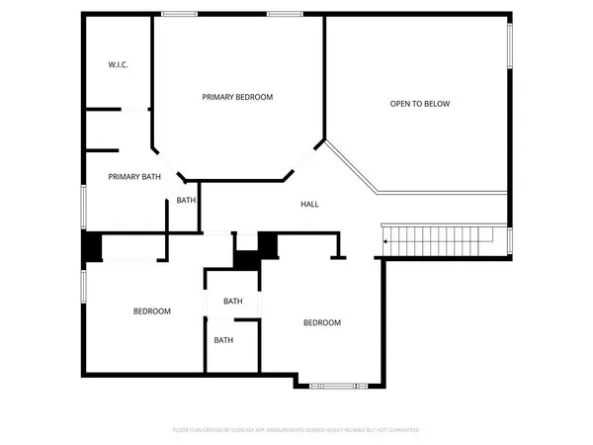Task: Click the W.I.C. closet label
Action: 119,65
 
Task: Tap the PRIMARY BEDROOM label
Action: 237,97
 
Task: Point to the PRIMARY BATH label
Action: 134,177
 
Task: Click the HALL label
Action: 309,204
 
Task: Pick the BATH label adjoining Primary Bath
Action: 186,201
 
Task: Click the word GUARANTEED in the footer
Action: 401,430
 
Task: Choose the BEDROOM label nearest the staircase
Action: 321,322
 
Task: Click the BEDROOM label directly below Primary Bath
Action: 152,311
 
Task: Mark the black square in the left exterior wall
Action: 91,246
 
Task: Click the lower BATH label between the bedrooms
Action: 223,340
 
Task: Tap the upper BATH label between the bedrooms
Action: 232,301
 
